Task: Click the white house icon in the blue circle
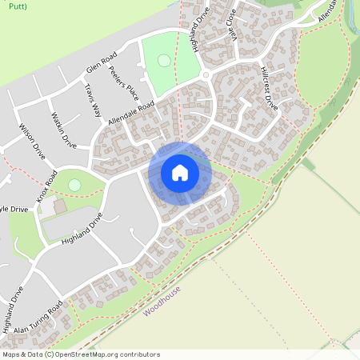click(179, 173)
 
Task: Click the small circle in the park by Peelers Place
click(164, 60)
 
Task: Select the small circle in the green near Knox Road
click(74, 185)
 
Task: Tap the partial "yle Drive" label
click(14, 209)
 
